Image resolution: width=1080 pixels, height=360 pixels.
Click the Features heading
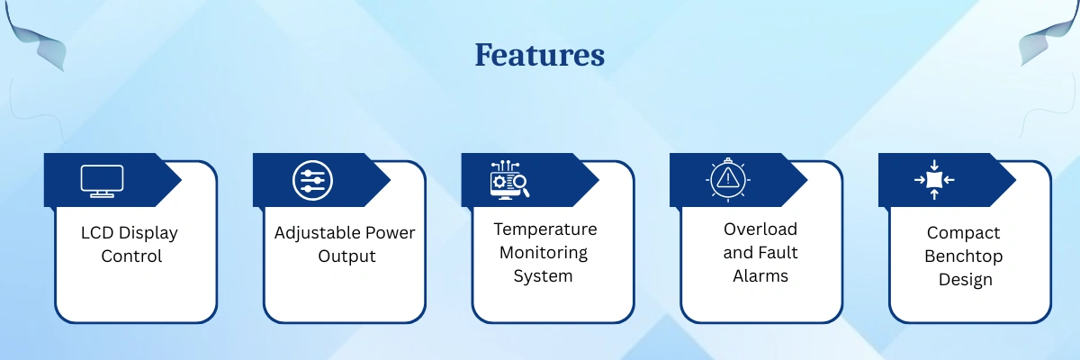click(x=539, y=55)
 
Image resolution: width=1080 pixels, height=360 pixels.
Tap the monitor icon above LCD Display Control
click(x=102, y=181)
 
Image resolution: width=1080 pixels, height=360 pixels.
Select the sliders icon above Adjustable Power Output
click(x=312, y=180)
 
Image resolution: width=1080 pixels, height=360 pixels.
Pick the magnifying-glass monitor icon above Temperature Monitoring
click(x=509, y=180)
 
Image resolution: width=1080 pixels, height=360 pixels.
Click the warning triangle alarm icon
click(x=727, y=179)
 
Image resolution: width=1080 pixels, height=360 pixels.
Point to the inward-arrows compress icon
click(x=934, y=180)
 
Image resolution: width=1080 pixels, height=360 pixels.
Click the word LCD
click(x=97, y=233)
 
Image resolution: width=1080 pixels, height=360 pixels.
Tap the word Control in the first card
click(x=131, y=256)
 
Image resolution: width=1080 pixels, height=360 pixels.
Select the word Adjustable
click(x=317, y=233)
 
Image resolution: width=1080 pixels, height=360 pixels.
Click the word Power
click(x=390, y=233)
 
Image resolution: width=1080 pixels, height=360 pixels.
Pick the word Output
click(x=346, y=256)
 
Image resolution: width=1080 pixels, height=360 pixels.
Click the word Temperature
click(x=544, y=229)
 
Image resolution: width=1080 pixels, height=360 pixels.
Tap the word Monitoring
click(x=544, y=253)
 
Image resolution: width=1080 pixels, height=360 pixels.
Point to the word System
click(x=543, y=276)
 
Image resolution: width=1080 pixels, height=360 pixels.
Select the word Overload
click(x=760, y=229)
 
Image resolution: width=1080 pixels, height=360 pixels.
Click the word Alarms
click(x=760, y=276)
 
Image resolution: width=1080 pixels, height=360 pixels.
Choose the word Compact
click(x=963, y=233)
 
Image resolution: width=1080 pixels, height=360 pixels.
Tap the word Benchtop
click(x=963, y=256)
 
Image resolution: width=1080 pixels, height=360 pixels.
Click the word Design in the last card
click(x=965, y=280)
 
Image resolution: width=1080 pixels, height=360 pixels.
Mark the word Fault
click(x=778, y=253)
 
